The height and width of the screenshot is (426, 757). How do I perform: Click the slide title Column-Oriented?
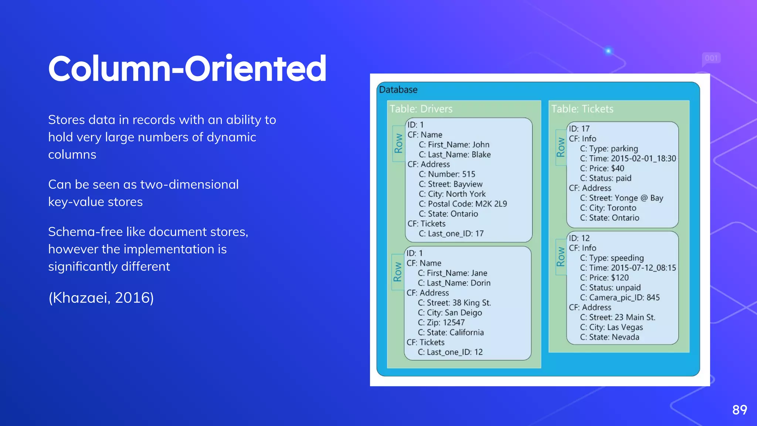pos(187,68)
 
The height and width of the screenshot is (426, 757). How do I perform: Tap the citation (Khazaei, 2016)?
pos(101,298)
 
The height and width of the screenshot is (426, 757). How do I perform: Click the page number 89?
pos(739,410)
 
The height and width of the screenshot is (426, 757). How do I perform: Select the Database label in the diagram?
pos(398,90)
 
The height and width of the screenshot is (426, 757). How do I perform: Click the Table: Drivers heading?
pos(421,109)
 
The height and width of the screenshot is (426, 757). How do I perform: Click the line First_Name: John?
pos(454,145)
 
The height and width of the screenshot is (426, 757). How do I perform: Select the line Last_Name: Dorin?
pos(454,283)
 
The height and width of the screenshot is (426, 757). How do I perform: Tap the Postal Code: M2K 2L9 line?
pos(463,204)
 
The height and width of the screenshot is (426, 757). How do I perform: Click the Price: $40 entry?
pos(602,168)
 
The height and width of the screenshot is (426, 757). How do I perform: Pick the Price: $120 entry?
pos(604,278)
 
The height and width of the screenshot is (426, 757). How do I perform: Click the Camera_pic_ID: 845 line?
pos(619,297)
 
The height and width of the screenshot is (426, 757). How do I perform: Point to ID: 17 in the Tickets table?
pos(579,129)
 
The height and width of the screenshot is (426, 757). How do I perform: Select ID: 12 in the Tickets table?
pos(579,238)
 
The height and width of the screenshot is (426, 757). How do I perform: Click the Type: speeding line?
pos(612,258)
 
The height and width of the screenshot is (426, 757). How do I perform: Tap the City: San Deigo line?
pos(449,312)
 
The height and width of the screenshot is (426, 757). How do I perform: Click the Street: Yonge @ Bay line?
pos(621,198)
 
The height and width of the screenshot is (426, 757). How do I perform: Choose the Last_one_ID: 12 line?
pos(450,352)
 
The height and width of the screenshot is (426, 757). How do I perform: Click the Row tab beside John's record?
pos(398,143)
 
